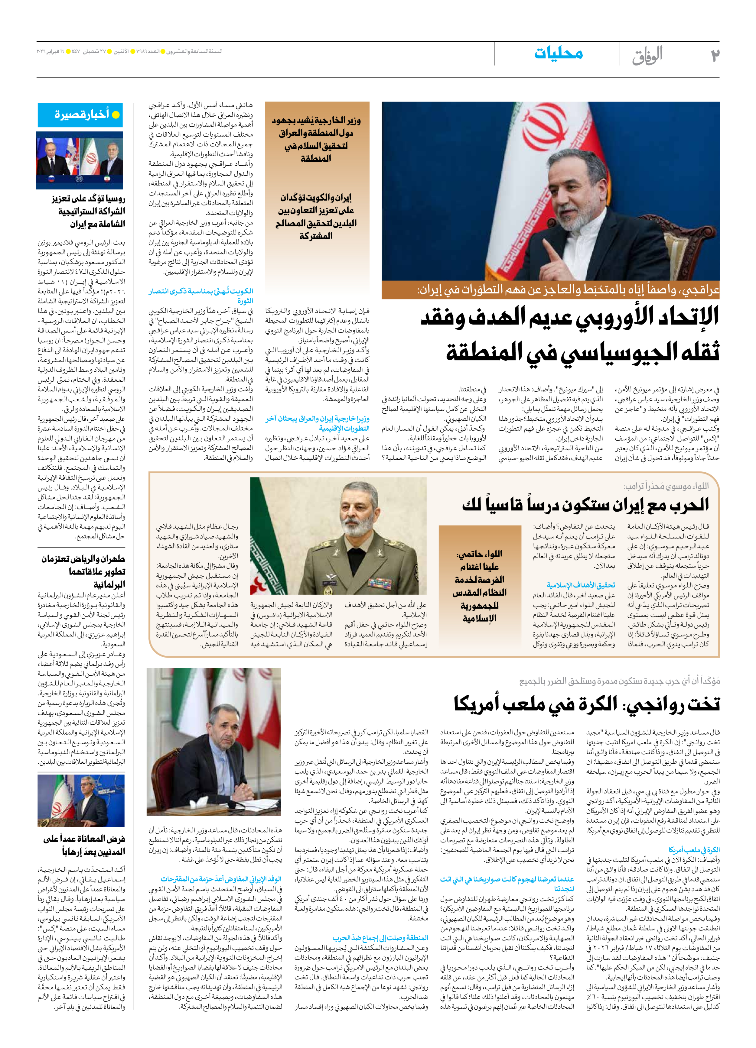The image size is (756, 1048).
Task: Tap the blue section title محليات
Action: [558, 53]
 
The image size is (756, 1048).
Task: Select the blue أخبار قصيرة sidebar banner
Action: [80, 115]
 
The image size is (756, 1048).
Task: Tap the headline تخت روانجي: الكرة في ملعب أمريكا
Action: [586, 704]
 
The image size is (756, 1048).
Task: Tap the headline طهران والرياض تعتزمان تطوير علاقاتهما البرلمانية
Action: [83, 571]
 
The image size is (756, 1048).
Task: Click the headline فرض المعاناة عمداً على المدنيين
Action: [84, 845]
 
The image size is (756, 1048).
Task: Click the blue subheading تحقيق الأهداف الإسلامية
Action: [581, 585]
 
